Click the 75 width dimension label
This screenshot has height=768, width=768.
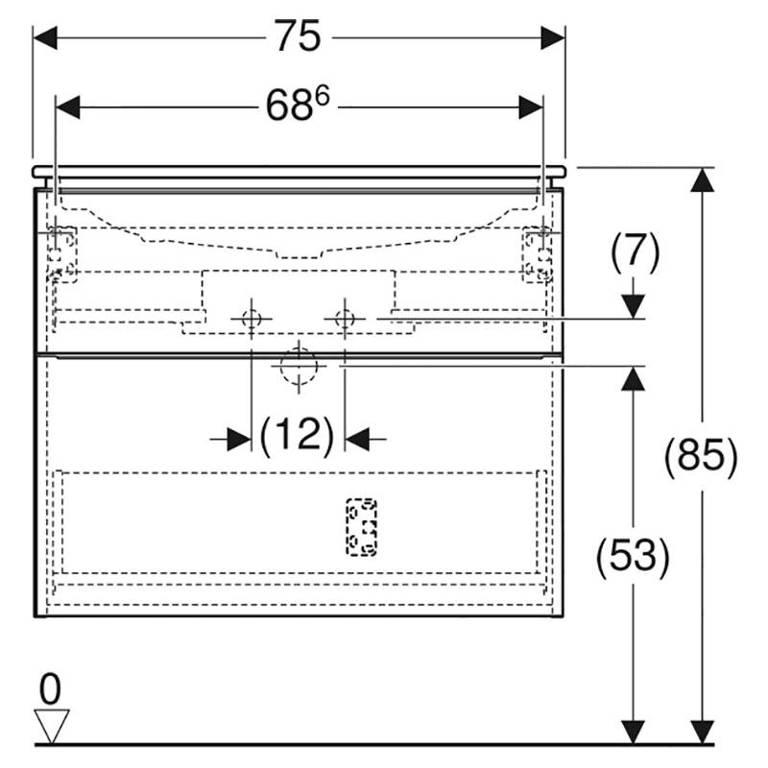tap(298, 36)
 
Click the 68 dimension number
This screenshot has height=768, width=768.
tap(289, 106)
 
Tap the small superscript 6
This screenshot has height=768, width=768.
tap(323, 95)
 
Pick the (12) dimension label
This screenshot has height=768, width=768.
tap(298, 436)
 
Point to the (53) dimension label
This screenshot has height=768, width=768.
tap(633, 557)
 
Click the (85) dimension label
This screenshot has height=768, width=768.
tap(701, 457)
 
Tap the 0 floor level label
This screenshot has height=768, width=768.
tap(50, 688)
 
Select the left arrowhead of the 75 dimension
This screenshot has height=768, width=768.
tap(45, 37)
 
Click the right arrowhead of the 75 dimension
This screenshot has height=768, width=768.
tap(553, 37)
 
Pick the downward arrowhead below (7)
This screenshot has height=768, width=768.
tap(635, 306)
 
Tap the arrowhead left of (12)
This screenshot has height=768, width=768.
tap(239, 439)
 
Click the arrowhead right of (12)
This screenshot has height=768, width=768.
tap(357, 439)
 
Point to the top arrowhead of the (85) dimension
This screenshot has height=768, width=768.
tap(703, 180)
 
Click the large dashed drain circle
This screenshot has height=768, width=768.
tap(299, 366)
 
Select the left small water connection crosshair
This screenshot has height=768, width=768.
tap(252, 319)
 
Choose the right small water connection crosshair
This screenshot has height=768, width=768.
tap(345, 319)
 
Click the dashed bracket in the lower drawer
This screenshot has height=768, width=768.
tap(362, 527)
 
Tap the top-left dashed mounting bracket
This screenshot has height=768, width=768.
tap(61, 254)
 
